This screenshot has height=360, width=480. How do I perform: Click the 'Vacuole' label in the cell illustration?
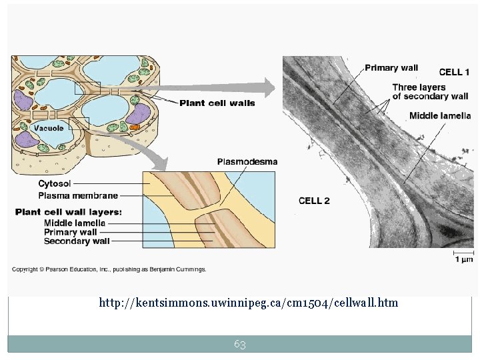[49, 128]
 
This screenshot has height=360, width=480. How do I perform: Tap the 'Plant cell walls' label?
[217, 103]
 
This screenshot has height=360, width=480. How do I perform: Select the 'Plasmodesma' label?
[247, 161]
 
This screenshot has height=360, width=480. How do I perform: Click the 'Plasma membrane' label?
[78, 195]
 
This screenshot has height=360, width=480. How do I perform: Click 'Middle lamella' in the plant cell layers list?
[75, 223]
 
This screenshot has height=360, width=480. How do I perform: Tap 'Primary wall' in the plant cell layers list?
[70, 232]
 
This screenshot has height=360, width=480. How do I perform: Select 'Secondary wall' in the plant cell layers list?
[77, 241]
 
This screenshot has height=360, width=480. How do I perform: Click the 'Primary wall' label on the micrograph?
[391, 67]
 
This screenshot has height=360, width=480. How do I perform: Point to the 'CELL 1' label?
[453, 72]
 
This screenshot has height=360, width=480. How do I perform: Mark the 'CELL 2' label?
[313, 201]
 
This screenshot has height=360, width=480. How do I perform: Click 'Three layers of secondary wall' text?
[430, 92]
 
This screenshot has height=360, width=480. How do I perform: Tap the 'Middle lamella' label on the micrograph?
[440, 115]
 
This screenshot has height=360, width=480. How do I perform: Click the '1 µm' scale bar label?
[464, 259]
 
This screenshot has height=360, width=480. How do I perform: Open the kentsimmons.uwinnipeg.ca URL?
[248, 303]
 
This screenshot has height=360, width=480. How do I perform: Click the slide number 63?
[240, 344]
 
